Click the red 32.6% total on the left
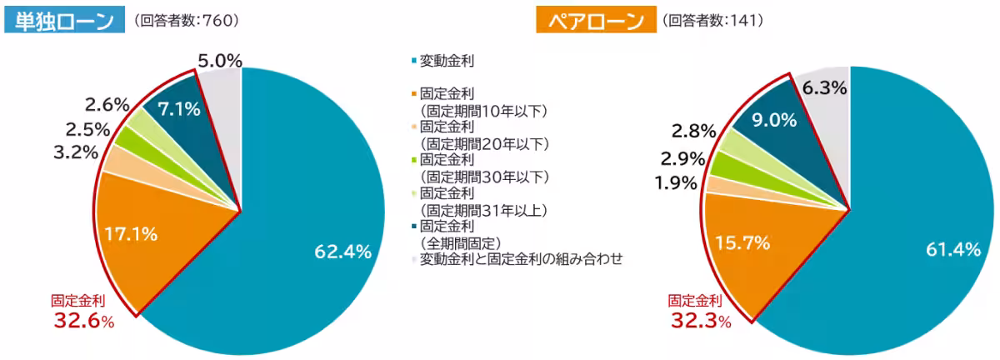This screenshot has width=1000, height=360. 82,321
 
